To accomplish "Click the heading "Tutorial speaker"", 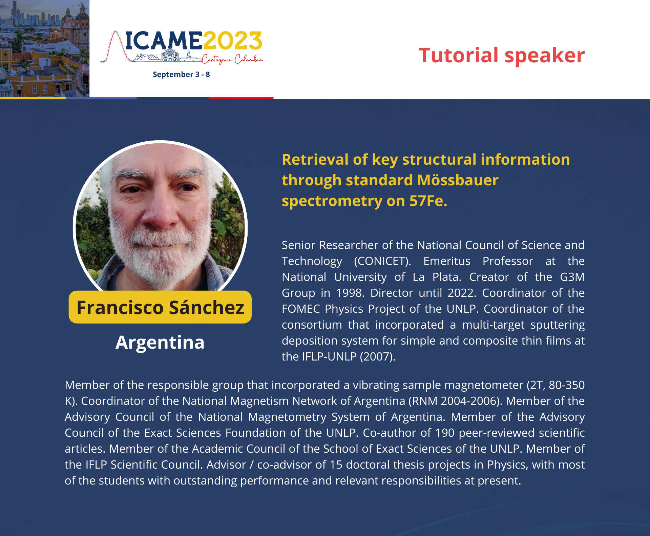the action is point(502,55).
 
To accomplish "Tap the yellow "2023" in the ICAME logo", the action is point(232,41).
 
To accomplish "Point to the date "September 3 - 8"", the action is point(181,75).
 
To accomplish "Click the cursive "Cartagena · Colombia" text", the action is point(232,59).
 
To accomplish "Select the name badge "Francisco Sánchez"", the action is point(160,307).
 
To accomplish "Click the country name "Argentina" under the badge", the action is point(160,342).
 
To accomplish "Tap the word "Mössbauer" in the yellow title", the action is point(458,180).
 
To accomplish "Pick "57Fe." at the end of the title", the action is point(428,201).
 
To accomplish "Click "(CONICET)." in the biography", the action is point(382,261).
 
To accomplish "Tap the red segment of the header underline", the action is point(241,98).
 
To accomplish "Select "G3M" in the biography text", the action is point(572,277).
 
